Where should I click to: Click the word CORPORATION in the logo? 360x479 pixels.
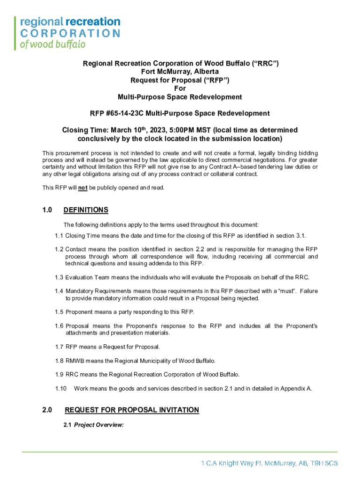pyautogui.click(x=70, y=33)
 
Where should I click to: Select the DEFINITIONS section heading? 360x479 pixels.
pyautogui.click(x=86, y=210)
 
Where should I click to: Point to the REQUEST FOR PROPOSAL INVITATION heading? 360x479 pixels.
pyautogui.click(x=132, y=410)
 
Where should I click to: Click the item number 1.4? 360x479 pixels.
pyautogui.click(x=58, y=291)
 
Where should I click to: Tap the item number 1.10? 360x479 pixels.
pyautogui.click(x=61, y=388)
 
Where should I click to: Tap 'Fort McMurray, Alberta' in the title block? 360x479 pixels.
pyautogui.click(x=180, y=72)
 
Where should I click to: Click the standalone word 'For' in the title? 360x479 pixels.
pyautogui.click(x=180, y=88)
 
